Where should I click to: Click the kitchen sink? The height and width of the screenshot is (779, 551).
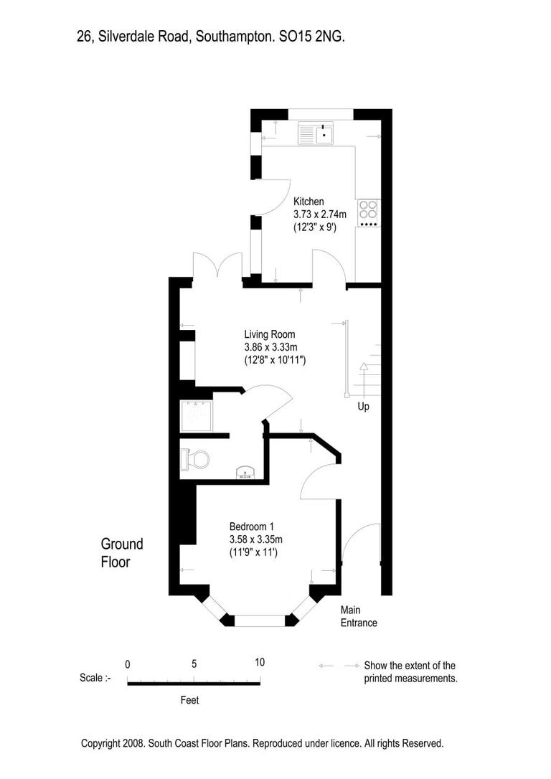[x=317, y=133]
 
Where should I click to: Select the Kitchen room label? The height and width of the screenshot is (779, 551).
[x=309, y=202]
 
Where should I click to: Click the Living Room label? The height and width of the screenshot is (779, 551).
[x=269, y=334]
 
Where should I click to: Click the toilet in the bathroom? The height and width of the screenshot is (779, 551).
[x=196, y=458]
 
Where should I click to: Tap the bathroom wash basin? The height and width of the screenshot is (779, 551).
[x=246, y=473]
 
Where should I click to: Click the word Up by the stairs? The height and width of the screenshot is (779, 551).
[x=364, y=407]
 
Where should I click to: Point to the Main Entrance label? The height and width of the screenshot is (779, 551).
[x=359, y=616]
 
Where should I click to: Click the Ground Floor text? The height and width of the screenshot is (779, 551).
[x=121, y=553]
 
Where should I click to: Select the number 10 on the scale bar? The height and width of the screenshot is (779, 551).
[x=259, y=662]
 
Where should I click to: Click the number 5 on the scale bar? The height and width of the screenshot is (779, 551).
[x=194, y=663]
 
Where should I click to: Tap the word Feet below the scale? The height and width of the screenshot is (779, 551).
[x=189, y=700]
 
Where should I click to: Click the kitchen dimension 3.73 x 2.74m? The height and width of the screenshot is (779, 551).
[x=319, y=214]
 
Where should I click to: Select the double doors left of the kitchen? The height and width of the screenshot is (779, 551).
[x=218, y=267]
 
